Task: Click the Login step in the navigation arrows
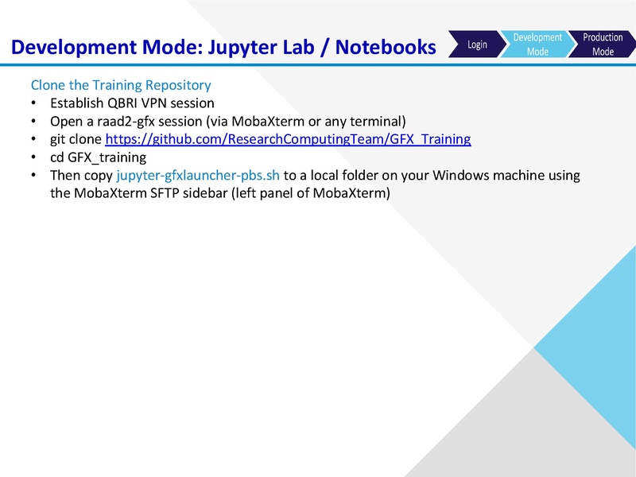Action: [477, 45]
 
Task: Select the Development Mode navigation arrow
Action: [537, 45]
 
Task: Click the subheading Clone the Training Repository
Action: [121, 85]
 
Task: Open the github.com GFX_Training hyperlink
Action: [288, 139]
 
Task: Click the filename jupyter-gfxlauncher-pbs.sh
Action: [198, 175]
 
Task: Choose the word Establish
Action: [76, 103]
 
